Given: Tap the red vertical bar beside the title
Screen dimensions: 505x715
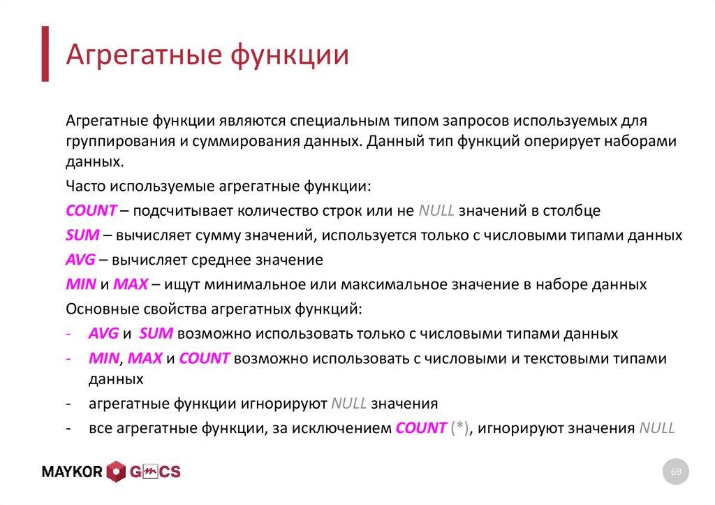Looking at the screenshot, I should [45, 54].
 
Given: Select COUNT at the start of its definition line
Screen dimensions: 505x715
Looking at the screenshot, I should [91, 210].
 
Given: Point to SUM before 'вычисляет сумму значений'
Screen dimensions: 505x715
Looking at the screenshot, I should [82, 235].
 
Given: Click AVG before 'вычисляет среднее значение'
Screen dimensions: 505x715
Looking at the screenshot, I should [81, 260].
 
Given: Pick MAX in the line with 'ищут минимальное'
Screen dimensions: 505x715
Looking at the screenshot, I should [131, 284].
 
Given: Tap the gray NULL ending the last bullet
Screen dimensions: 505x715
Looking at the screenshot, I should [657, 427].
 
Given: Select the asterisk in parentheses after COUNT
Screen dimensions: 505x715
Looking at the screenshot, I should [459, 427].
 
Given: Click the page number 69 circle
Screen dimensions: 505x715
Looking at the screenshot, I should [676, 472].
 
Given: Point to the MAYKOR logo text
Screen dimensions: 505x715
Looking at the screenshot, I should [72, 472].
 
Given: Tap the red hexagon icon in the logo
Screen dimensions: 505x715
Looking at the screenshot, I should [116, 472].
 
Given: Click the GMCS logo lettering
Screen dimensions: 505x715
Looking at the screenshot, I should [154, 472].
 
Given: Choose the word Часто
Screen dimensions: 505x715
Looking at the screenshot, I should [86, 186].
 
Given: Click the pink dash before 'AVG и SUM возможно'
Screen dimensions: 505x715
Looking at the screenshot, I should [69, 334].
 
